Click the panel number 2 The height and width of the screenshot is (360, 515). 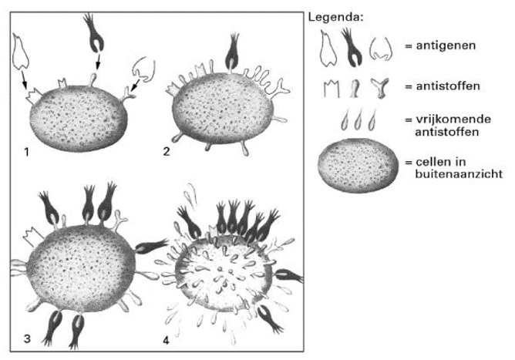(x=167, y=150)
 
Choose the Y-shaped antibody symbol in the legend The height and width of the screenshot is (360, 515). (x=376, y=86)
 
